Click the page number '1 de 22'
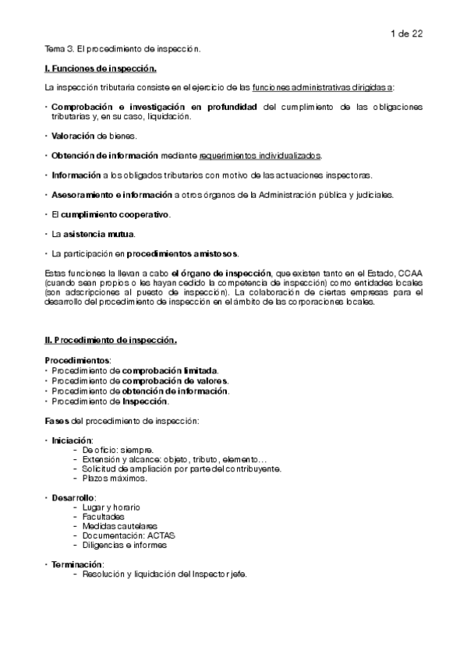[x=405, y=33]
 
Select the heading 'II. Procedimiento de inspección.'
[x=111, y=340]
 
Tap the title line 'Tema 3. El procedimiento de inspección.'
[x=122, y=49]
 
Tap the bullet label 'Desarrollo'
[x=73, y=497]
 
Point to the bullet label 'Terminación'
[x=76, y=564]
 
